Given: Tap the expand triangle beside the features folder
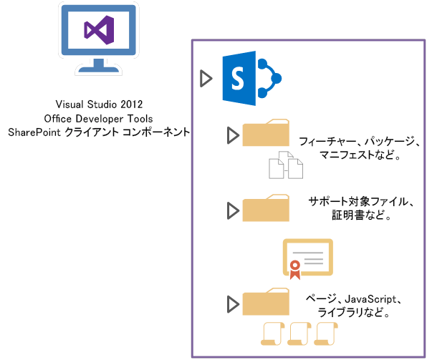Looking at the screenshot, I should tap(231, 135).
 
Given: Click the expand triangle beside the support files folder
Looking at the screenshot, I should tap(231, 210).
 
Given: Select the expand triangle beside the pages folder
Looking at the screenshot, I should tap(231, 303).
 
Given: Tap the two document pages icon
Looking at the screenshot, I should tap(285, 166).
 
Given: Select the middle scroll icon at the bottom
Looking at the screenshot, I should tap(300, 334).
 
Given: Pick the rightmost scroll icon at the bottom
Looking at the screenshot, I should tap(326, 334).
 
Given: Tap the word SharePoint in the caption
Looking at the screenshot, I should tap(34, 132).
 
